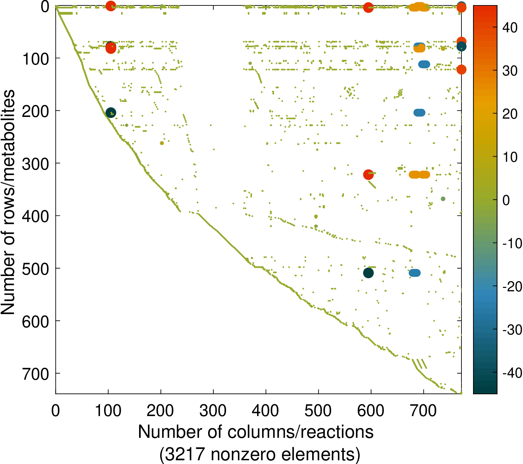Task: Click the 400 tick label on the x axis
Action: [x=266, y=411]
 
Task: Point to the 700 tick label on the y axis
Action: [x=35, y=374]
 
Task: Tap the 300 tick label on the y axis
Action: [x=35, y=164]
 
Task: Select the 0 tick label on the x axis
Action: [x=55, y=411]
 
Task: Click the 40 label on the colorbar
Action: [x=510, y=28]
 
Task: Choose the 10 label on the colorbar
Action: [x=510, y=157]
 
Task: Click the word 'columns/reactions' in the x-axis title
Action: [x=301, y=432]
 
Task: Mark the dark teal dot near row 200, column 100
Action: [x=111, y=113]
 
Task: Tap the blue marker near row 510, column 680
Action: [x=415, y=273]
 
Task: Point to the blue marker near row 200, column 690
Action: [x=419, y=113]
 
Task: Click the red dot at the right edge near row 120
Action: [x=461, y=70]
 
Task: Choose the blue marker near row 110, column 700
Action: [x=424, y=64]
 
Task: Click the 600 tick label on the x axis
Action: [x=371, y=411]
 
